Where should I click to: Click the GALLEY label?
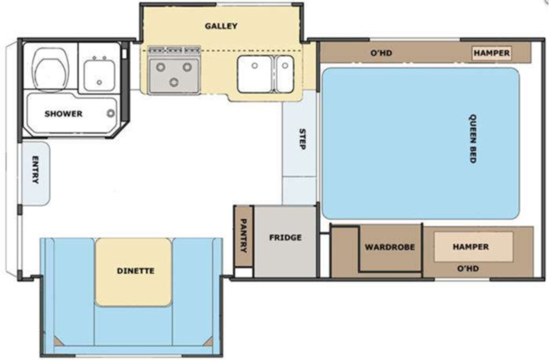click(x=221, y=26)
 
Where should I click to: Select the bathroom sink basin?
click(x=99, y=76)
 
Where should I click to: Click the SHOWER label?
click(x=63, y=114)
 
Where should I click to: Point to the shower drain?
click(x=110, y=113)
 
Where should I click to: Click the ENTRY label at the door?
click(x=35, y=170)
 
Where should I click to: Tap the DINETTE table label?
click(x=136, y=271)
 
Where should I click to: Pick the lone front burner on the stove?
click(x=174, y=82)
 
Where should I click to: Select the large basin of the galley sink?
click(x=255, y=74)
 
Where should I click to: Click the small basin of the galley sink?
click(x=285, y=74)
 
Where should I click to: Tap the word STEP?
click(x=302, y=139)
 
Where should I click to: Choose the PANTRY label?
click(x=243, y=236)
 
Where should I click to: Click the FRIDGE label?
click(x=285, y=237)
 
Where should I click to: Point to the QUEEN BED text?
click(x=473, y=139)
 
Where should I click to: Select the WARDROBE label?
click(x=390, y=247)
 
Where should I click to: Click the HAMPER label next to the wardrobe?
click(x=471, y=246)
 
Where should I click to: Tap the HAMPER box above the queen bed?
click(x=492, y=53)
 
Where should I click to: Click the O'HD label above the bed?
click(x=381, y=53)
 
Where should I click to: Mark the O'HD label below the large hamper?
click(x=468, y=269)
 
